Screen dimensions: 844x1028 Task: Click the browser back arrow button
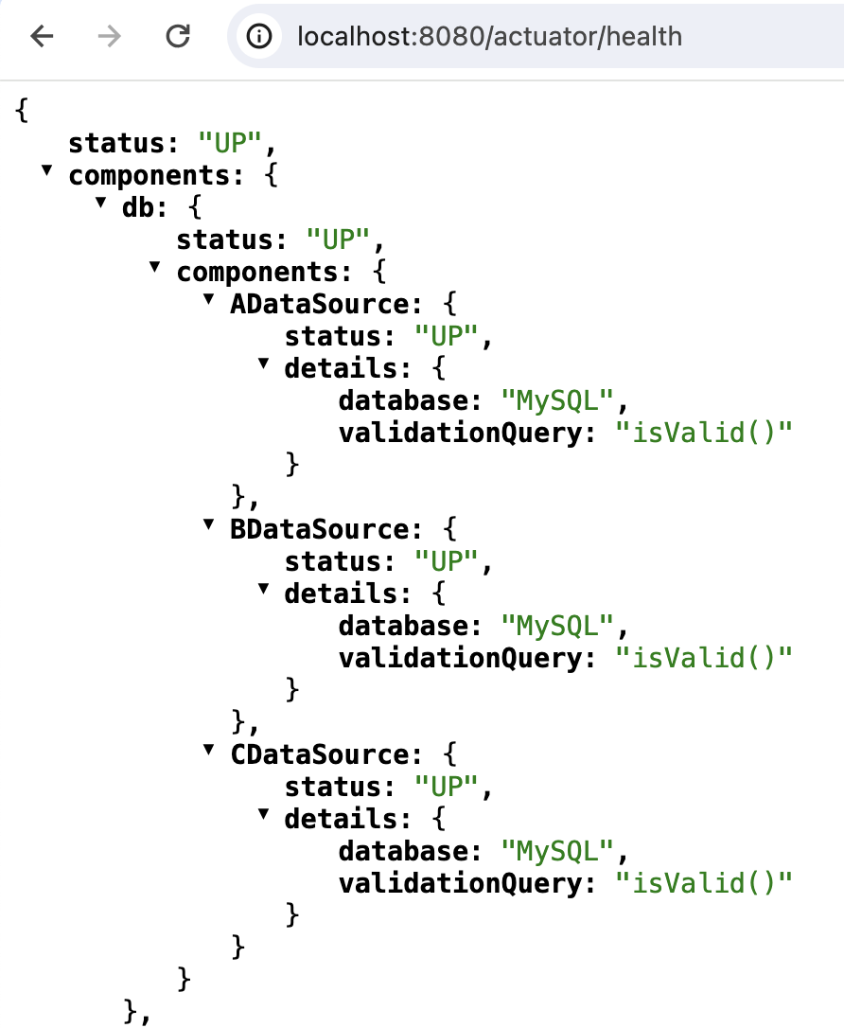(43, 37)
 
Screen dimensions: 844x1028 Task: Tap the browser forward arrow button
(110, 37)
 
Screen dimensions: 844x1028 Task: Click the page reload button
(177, 37)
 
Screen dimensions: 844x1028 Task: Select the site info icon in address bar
(259, 37)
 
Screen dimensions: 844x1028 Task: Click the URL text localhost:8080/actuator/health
(488, 37)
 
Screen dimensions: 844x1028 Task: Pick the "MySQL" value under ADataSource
(559, 401)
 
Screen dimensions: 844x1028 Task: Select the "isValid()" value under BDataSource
(703, 658)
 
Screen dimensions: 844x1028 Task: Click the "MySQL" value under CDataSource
(559, 851)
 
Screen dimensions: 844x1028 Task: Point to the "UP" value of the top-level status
(230, 144)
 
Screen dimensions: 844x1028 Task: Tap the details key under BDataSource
(339, 594)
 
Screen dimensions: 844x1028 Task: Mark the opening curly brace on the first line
(23, 111)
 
